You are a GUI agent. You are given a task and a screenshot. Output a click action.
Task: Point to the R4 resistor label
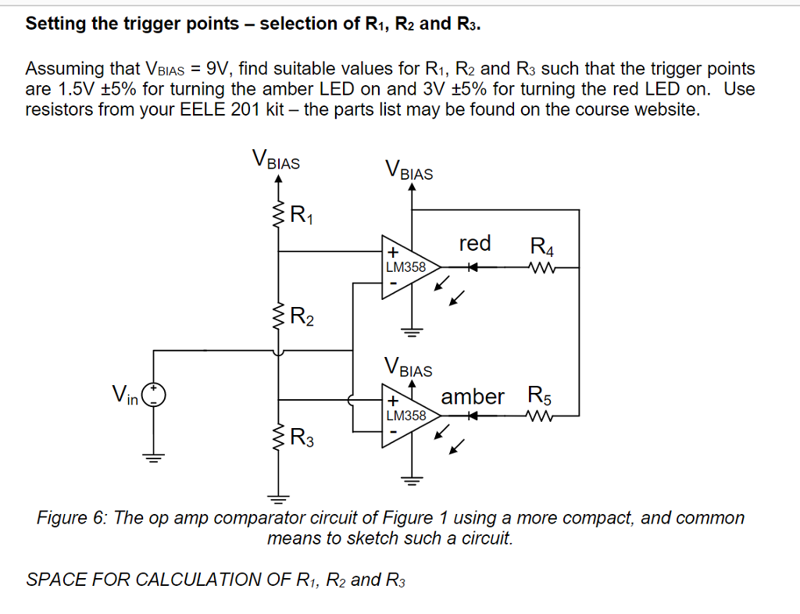coord(542,248)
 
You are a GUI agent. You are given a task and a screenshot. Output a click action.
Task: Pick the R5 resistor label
coord(543,394)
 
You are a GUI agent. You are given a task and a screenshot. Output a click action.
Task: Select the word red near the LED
coord(475,244)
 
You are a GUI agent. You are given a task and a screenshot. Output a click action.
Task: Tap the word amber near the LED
coord(473,396)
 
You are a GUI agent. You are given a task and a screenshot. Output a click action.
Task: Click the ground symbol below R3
coord(279,495)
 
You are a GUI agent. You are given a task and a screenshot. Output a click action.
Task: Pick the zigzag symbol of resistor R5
coord(541,416)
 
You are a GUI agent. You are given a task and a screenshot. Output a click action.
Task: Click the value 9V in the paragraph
coord(216,68)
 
